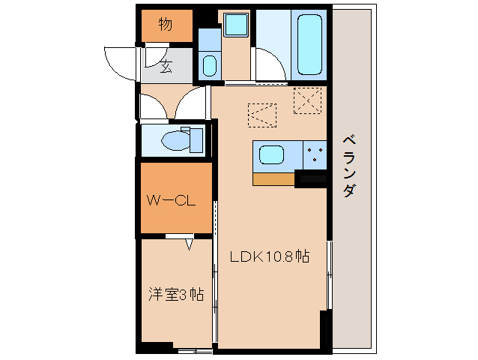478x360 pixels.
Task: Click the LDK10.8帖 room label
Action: [269, 256]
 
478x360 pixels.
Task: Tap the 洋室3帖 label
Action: [175, 294]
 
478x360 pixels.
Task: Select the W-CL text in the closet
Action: [171, 200]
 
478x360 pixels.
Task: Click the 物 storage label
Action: [166, 25]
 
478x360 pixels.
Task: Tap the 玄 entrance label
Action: [165, 67]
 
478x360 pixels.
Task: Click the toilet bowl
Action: [175, 139]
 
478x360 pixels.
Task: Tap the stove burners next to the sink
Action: [315, 155]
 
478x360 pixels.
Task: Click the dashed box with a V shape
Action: [263, 115]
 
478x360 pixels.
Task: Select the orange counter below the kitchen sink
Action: [273, 178]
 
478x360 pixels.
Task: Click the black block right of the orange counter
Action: [311, 178]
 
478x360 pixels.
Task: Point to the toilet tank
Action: [196, 139]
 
